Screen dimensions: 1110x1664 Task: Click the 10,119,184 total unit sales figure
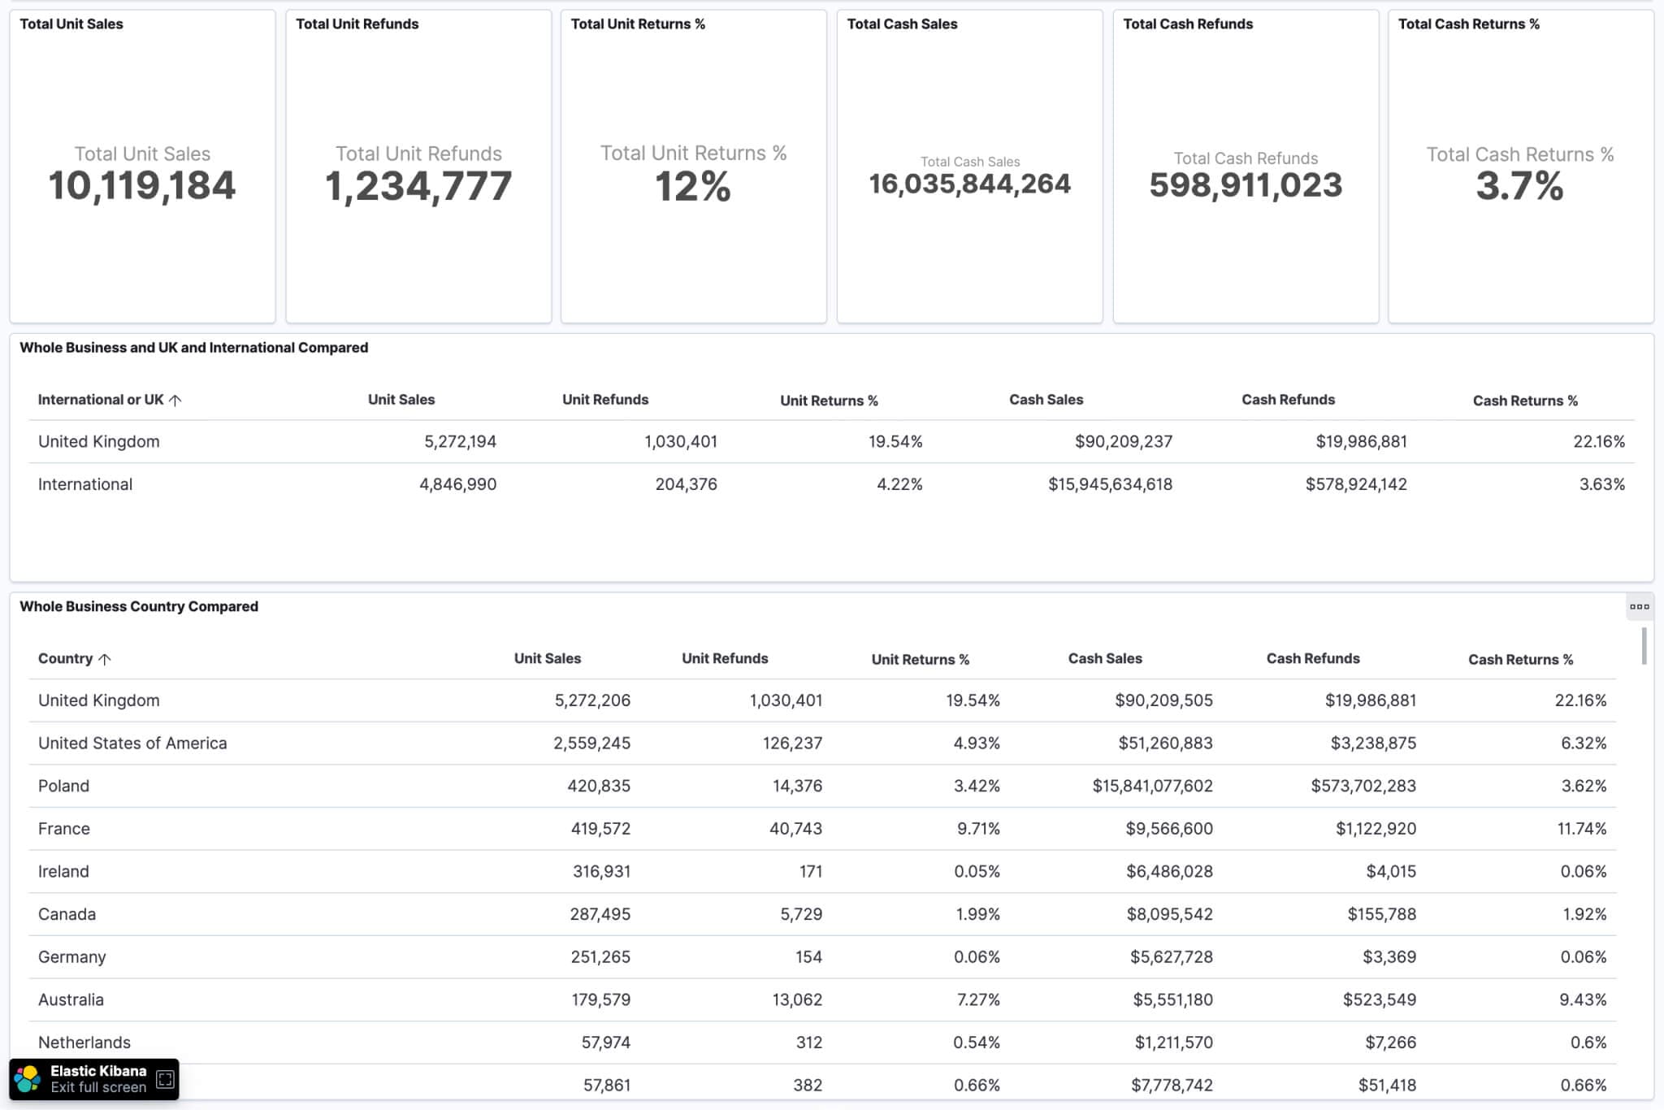point(142,185)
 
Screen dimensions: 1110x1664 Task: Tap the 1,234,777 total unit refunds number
point(418,186)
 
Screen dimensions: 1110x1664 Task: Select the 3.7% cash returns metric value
point(1519,186)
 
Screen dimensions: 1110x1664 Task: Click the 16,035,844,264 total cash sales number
point(969,184)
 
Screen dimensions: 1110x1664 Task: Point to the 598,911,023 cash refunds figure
point(1246,185)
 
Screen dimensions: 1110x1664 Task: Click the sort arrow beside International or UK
point(175,400)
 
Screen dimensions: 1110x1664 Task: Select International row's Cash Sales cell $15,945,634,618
point(1110,484)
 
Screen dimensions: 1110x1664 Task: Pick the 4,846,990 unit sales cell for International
point(457,484)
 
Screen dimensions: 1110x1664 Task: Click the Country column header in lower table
point(66,658)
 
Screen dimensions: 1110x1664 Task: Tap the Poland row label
point(63,786)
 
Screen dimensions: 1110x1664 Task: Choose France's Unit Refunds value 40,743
point(795,829)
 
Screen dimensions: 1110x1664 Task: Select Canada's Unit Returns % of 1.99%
point(977,914)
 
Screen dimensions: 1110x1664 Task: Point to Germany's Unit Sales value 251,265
point(600,956)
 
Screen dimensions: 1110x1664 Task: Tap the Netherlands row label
point(84,1043)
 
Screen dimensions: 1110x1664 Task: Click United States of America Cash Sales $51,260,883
point(1165,743)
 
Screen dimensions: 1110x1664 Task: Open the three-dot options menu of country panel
point(1639,606)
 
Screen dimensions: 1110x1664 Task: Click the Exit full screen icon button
point(165,1079)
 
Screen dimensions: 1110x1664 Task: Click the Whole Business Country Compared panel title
point(139,606)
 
